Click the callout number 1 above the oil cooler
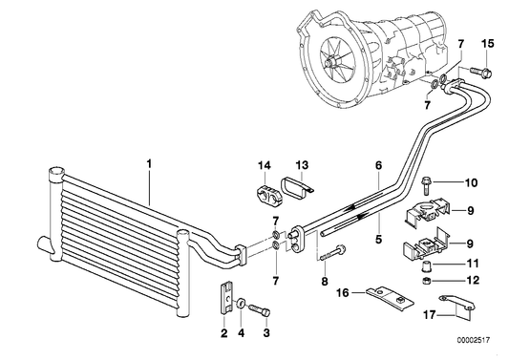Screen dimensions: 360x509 click(x=150, y=163)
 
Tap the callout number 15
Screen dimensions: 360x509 click(x=487, y=44)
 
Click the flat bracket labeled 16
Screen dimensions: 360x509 click(x=383, y=293)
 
